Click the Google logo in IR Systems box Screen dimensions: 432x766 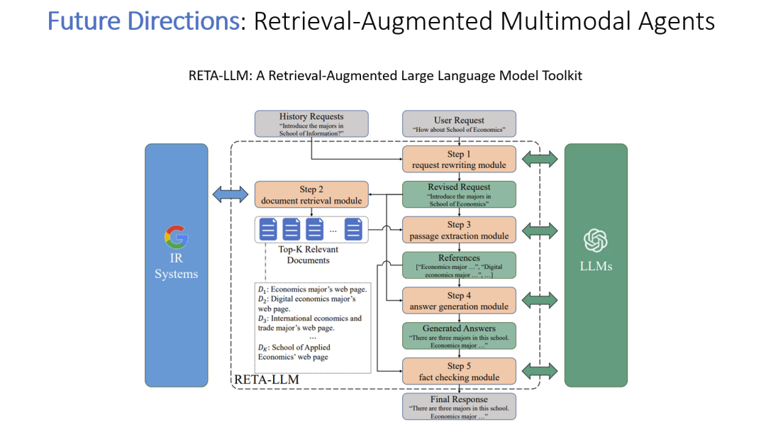tap(176, 237)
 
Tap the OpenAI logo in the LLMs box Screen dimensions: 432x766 tap(595, 241)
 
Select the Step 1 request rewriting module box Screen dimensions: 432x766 tap(459, 160)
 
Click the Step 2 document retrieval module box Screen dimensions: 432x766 tap(311, 195)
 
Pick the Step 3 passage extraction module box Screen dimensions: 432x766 tap(459, 231)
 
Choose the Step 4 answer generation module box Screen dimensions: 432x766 tap(459, 301)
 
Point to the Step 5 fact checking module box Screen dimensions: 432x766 tap(459, 372)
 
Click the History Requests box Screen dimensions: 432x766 tap(311, 123)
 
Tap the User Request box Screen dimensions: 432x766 tap(459, 124)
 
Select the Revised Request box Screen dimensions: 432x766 tap(459, 194)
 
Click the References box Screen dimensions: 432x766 tap(459, 265)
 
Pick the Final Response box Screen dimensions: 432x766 tap(459, 406)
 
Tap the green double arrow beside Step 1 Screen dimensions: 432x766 tap(540, 160)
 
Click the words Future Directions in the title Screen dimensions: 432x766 tap(143, 21)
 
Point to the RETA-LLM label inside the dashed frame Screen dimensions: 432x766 tap(267, 380)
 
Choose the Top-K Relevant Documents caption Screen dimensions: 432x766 tap(308, 255)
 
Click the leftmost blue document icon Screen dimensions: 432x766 tap(269, 229)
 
